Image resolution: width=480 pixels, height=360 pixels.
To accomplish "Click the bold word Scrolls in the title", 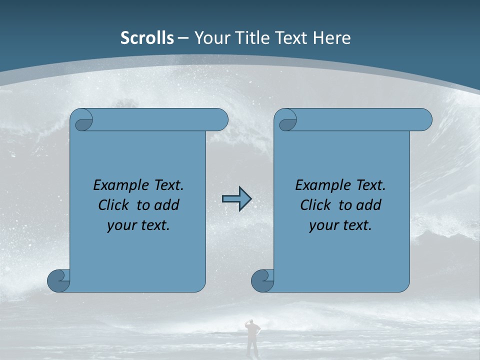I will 147,37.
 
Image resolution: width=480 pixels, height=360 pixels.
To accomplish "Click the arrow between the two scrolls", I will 236,199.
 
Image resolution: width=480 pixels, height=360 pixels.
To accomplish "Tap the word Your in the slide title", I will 210,37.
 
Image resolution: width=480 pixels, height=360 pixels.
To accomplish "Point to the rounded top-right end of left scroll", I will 220,120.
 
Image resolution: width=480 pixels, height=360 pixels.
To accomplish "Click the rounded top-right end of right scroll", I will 424,120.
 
